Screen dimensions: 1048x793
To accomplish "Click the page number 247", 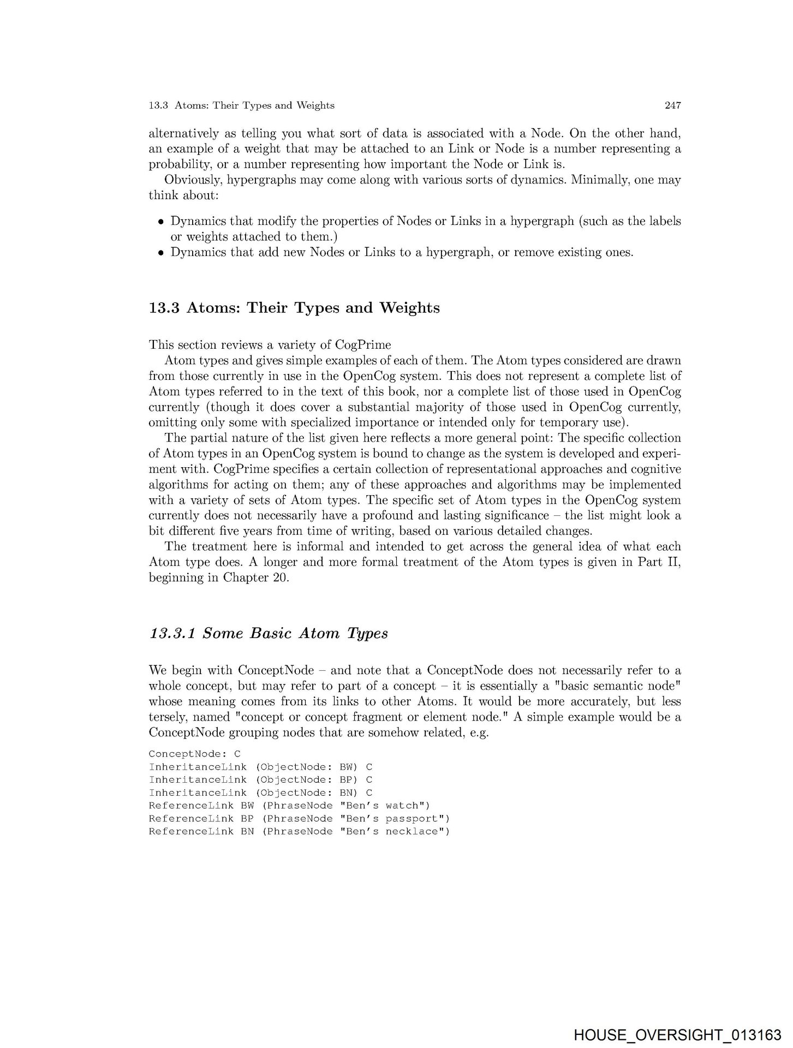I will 672,105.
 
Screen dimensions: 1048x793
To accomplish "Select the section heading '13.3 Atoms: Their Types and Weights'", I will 294,308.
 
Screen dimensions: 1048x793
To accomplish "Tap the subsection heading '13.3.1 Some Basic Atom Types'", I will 269,633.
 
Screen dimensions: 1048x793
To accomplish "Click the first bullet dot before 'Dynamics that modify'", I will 160,222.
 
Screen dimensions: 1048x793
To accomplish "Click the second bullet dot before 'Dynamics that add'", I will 160,253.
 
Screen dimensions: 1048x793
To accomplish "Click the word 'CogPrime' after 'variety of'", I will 366,345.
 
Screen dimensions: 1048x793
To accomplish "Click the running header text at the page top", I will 241,105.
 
